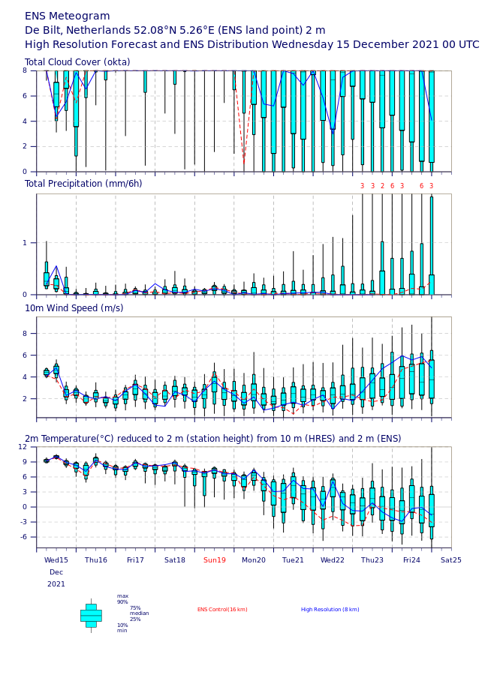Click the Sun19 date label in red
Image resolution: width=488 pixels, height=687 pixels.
[x=215, y=560]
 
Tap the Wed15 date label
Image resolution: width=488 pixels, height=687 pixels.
[x=56, y=560]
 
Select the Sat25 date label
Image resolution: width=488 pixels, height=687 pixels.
[x=450, y=560]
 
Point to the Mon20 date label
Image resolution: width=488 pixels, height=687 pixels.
[x=254, y=560]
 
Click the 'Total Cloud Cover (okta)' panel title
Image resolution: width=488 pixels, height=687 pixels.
[x=77, y=62]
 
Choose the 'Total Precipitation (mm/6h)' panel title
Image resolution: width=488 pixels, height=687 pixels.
[x=83, y=184]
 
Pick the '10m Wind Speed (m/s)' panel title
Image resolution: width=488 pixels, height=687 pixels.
[x=74, y=308]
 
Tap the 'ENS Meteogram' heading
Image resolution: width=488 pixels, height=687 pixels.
[x=68, y=16]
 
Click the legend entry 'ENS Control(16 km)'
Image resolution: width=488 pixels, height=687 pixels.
[x=222, y=610]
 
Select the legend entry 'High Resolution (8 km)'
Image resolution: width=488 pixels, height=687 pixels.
[x=330, y=610]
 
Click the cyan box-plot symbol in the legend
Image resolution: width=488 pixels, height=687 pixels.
[x=91, y=616]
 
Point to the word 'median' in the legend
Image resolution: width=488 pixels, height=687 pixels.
[x=139, y=613]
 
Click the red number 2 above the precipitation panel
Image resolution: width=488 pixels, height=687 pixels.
[x=382, y=186]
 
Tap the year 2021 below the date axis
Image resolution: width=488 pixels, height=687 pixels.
[x=56, y=584]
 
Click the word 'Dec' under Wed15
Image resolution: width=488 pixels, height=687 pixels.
[x=56, y=572]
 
